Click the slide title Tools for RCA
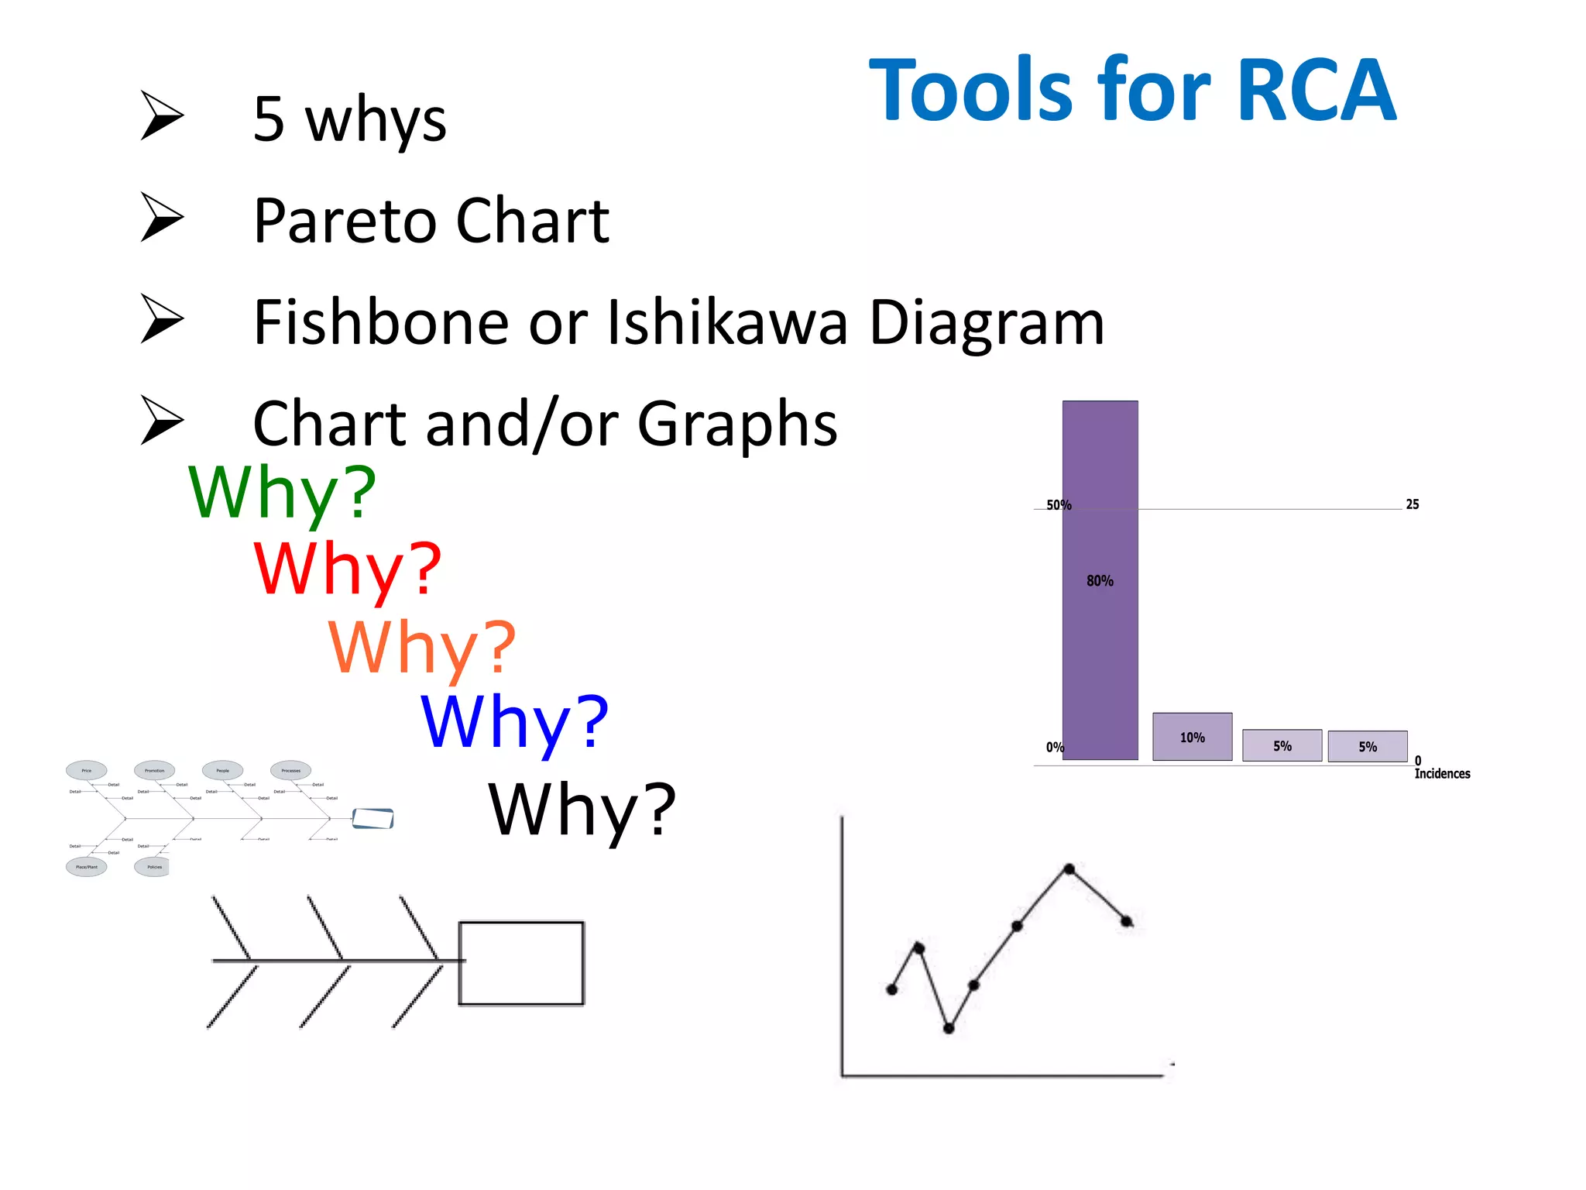(x=1132, y=91)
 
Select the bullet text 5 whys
(x=350, y=120)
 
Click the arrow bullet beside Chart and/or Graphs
(x=162, y=420)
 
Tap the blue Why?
(x=515, y=722)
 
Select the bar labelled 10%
(x=1192, y=737)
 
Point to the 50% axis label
(x=1059, y=505)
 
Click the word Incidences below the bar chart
(x=1442, y=773)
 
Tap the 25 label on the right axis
(x=1413, y=504)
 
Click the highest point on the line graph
(x=1069, y=868)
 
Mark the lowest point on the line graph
(x=949, y=1028)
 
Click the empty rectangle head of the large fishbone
(x=520, y=963)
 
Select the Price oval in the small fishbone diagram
(x=86, y=770)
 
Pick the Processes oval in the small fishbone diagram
(x=290, y=770)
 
